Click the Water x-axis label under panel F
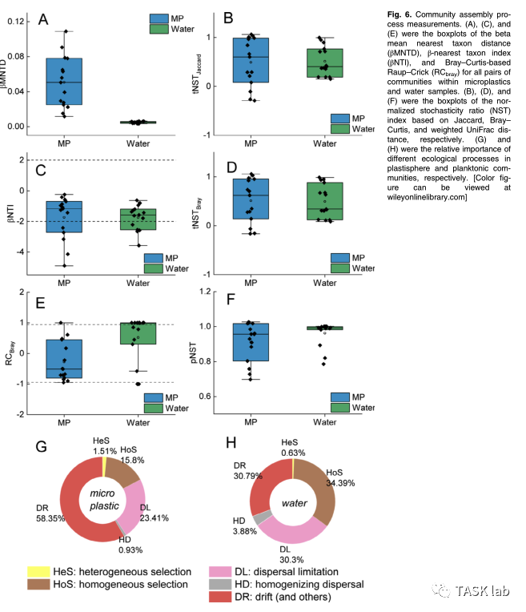coord(324,420)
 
